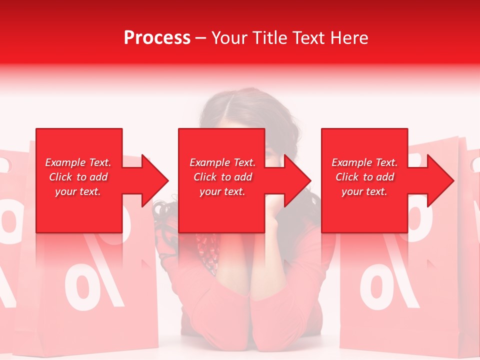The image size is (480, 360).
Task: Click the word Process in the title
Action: [157, 37]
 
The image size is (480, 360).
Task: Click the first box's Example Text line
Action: [78, 162]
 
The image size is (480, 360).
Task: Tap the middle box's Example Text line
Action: [222, 162]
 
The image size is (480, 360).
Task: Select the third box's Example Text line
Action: [364, 162]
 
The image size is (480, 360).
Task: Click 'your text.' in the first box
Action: [78, 191]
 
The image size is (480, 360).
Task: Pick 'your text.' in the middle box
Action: [222, 191]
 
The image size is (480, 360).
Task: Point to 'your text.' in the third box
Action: [364, 191]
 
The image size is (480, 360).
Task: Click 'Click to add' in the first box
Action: [78, 177]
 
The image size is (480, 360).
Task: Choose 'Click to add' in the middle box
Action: [222, 177]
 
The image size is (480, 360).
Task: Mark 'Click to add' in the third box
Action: [364, 177]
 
